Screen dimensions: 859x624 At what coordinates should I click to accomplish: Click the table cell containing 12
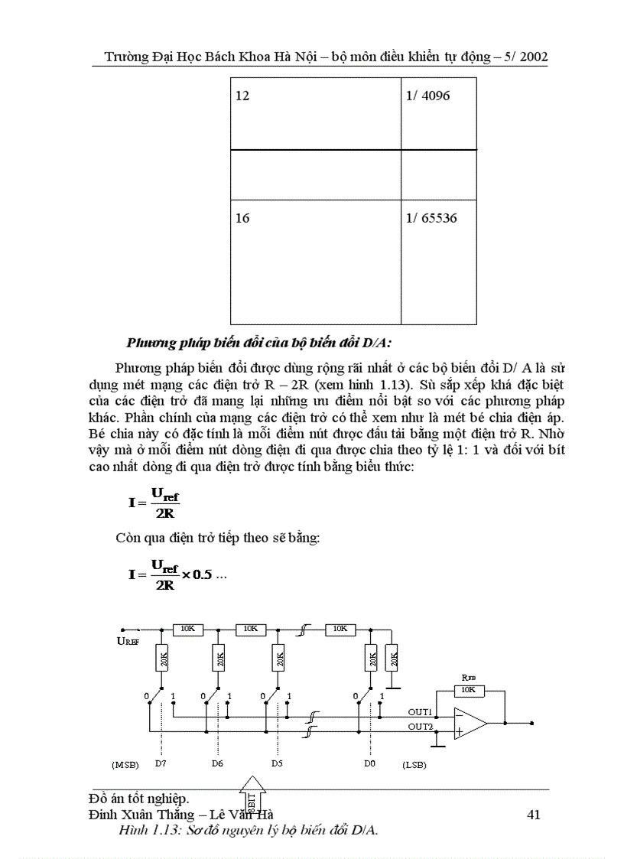[315, 113]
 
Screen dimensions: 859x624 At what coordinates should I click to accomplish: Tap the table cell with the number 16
[315, 260]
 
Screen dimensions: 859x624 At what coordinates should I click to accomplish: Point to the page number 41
[534, 815]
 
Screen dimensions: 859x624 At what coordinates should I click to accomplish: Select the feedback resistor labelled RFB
[469, 690]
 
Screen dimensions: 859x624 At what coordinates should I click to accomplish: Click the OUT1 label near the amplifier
[420, 712]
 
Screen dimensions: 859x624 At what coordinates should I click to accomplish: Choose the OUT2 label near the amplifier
[420, 726]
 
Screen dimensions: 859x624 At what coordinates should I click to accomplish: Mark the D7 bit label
[160, 763]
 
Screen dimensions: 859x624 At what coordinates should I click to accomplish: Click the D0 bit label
[371, 763]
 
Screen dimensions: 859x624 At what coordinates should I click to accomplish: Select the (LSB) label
[413, 763]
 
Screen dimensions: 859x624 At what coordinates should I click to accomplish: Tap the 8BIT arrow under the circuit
[252, 794]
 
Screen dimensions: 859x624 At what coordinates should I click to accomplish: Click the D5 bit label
[277, 763]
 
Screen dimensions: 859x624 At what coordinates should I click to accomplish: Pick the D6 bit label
[217, 763]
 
